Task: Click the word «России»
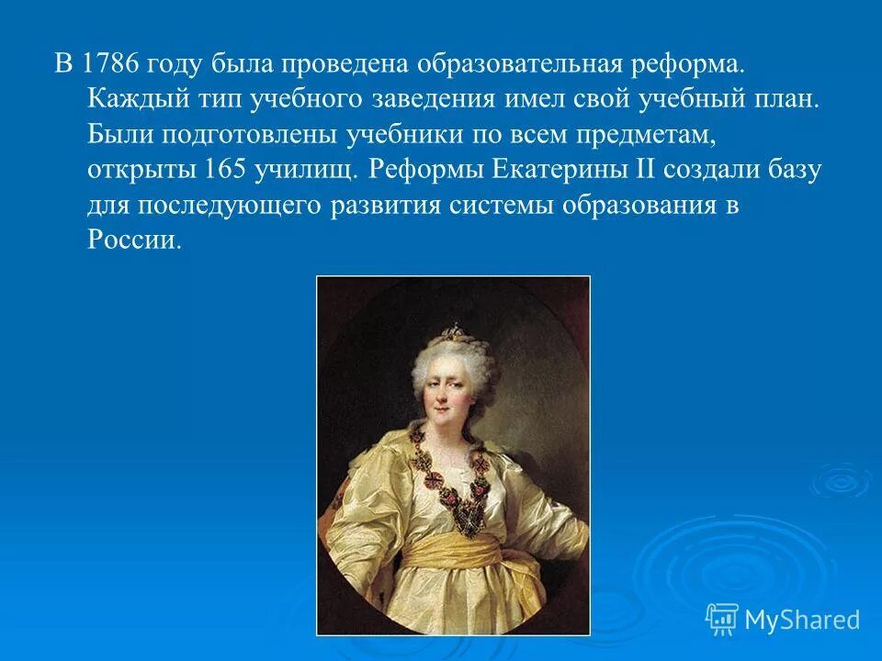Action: pos(130,240)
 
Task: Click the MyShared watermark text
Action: pos(801,620)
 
